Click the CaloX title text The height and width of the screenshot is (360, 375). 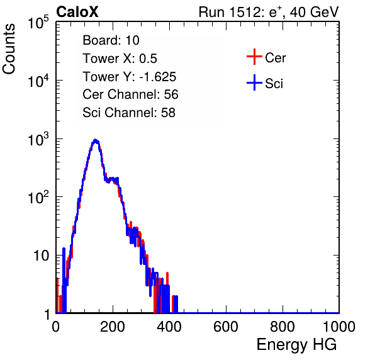point(77,12)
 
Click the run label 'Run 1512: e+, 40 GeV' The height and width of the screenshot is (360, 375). point(269,12)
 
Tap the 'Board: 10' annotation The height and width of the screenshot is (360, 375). point(111,40)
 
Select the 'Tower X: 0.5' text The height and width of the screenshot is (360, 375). point(120,59)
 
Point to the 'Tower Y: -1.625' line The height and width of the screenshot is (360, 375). point(130,77)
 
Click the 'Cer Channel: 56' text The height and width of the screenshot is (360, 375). point(130,94)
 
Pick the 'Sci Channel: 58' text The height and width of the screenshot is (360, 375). point(129,113)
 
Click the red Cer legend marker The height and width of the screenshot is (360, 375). point(254,57)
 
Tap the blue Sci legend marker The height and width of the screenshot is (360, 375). point(254,82)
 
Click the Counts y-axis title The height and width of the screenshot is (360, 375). point(9,49)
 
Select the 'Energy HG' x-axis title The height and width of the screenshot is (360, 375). point(296,345)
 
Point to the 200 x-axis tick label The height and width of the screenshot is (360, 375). point(113,327)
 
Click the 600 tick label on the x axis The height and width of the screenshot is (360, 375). point(226,327)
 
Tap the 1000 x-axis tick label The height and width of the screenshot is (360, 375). point(339,327)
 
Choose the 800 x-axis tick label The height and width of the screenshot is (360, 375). point(283,327)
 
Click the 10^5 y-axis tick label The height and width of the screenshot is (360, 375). point(38,23)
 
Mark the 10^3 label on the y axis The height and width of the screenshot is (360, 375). point(38,139)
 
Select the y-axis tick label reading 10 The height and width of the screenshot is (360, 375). point(41,256)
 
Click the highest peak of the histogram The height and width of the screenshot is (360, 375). point(96,140)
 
